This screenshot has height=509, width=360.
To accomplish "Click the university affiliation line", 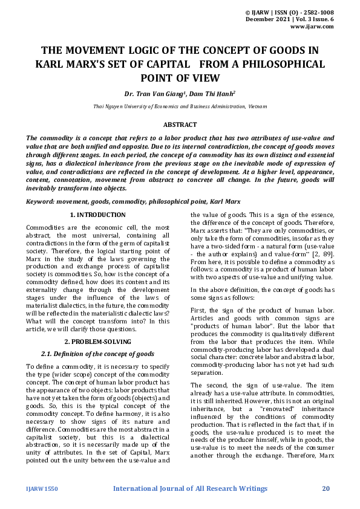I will pyautogui.click(x=180, y=107).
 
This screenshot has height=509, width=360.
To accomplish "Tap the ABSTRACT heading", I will pyautogui.click(x=180, y=125).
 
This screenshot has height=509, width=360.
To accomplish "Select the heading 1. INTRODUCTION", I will pyautogui.click(x=98, y=215).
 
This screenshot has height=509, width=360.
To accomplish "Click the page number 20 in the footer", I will pyautogui.click(x=326, y=488).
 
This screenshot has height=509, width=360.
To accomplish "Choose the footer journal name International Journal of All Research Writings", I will pyautogui.click(x=190, y=488).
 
